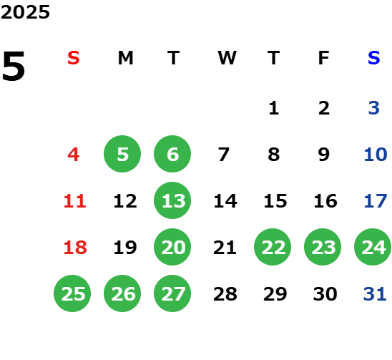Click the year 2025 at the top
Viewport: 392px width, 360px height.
[x=25, y=12]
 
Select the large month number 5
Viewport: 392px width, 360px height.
[x=14, y=66]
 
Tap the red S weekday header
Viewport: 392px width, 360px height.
[x=74, y=58]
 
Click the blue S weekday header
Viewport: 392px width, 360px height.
[x=374, y=58]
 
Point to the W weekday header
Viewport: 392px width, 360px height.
[x=227, y=58]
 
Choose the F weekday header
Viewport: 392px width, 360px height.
[x=324, y=58]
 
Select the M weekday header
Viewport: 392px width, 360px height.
[x=125, y=58]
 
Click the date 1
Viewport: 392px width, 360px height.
[x=274, y=108]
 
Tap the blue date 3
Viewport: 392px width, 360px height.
[x=374, y=108]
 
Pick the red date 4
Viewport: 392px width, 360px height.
[x=74, y=155]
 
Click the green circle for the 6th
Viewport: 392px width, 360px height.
[x=172, y=154]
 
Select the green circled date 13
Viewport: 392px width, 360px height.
[x=172, y=200]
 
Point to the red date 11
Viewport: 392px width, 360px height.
[x=74, y=201]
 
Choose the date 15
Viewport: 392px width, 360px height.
[x=275, y=201]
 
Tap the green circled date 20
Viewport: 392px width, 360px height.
[x=172, y=247]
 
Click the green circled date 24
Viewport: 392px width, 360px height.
[x=373, y=247]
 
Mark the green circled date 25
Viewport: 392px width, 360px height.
[x=72, y=293]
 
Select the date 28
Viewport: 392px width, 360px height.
[x=225, y=294]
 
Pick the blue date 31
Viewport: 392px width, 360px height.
[x=375, y=294]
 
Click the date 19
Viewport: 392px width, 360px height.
[x=125, y=248]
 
